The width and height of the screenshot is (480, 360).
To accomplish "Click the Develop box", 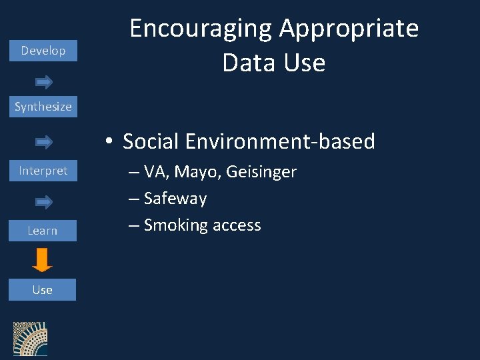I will click(x=43, y=51).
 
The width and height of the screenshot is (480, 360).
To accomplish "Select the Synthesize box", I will click(x=43, y=107).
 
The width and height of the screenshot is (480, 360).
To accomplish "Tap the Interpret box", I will click(x=43, y=171).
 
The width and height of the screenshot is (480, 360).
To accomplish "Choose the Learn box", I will click(x=43, y=231).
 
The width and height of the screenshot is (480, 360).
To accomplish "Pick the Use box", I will click(x=43, y=290).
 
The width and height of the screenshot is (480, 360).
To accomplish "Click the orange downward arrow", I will click(x=42, y=260).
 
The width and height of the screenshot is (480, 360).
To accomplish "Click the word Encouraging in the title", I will click(x=201, y=29).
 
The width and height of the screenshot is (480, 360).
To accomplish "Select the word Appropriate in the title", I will click(x=349, y=29).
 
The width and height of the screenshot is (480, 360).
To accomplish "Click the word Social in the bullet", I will click(x=151, y=141).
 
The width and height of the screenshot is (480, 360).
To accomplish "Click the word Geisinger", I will click(x=261, y=172).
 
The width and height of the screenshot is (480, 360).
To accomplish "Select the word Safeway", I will click(x=175, y=199).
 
